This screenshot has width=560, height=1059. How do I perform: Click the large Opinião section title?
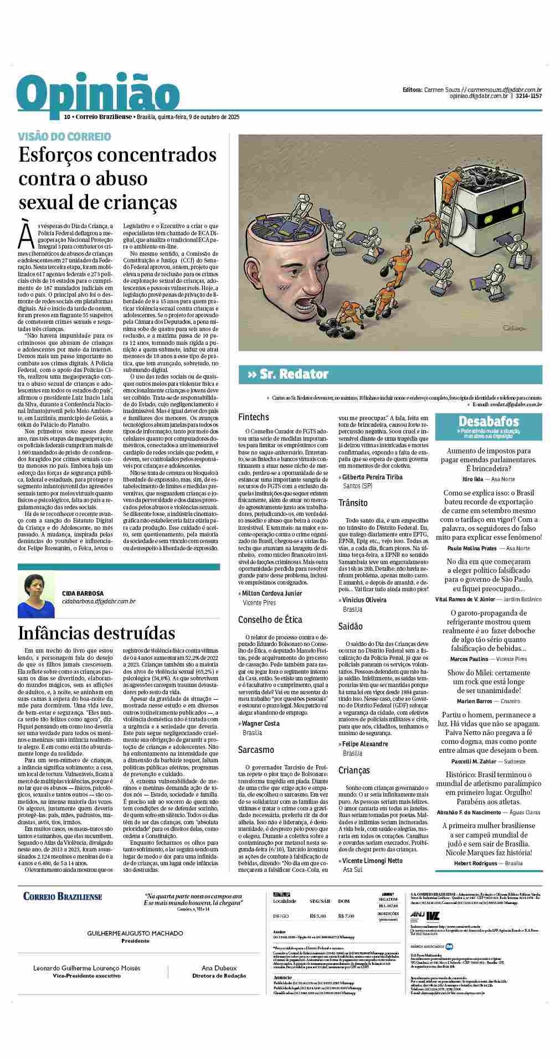click(x=95, y=94)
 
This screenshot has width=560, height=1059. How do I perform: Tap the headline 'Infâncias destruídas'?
click(x=96, y=633)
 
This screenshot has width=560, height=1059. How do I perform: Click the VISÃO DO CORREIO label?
click(x=64, y=136)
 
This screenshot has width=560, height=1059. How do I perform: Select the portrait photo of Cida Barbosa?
click(x=37, y=595)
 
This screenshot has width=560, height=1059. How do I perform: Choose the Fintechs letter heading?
click(x=253, y=417)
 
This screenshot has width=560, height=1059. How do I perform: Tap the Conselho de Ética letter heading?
click(x=269, y=619)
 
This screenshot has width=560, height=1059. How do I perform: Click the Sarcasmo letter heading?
click(x=256, y=750)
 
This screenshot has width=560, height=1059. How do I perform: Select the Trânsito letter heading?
click(x=353, y=503)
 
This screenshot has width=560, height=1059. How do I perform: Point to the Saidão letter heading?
click(x=351, y=626)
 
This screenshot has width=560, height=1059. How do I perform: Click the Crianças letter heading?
click(x=354, y=770)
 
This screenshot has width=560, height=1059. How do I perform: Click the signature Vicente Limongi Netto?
click(x=372, y=860)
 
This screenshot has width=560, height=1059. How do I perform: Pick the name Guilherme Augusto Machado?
click(x=135, y=933)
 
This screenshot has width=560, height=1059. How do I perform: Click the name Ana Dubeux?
click(x=219, y=968)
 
